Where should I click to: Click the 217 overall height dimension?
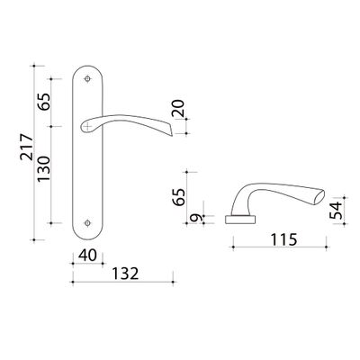click(26, 147)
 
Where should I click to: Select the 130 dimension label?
click(43, 168)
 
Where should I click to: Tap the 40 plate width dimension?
click(87, 256)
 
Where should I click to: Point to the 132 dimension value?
click(125, 274)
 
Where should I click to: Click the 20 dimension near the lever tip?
click(178, 108)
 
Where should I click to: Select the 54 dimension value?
click(336, 211)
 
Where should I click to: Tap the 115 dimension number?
click(283, 239)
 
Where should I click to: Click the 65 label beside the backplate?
click(44, 102)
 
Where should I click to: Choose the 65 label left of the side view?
click(179, 197)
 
